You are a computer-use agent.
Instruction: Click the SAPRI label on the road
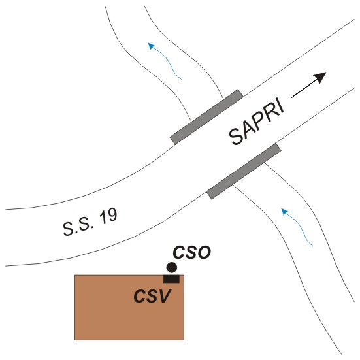tap(257, 122)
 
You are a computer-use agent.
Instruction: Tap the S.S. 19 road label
tap(90, 221)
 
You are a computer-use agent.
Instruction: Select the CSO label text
tap(191, 252)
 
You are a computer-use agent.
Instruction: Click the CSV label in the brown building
tap(152, 296)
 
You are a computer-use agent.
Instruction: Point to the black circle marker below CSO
tap(171, 267)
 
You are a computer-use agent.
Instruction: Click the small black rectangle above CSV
tap(171, 279)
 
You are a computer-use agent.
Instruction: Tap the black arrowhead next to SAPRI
tap(321, 77)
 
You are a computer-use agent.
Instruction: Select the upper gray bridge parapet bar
tap(206, 117)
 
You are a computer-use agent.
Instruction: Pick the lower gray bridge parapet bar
tap(244, 171)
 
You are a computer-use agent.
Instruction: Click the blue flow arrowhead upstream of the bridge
tap(284, 212)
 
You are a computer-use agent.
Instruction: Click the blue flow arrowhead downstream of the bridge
tap(151, 46)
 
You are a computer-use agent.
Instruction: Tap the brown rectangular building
tap(129, 308)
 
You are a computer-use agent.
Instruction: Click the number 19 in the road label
tap(108, 216)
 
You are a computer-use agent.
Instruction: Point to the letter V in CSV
tap(165, 296)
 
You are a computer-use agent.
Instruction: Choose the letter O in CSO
tap(204, 252)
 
